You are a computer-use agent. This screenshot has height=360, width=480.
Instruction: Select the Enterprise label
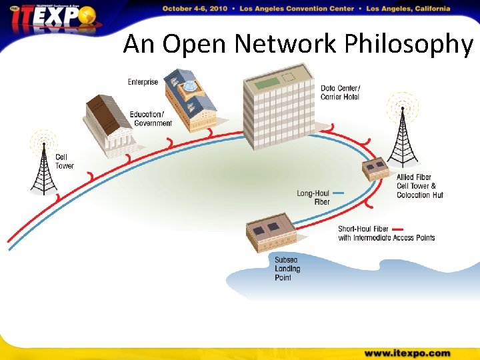[x=143, y=82]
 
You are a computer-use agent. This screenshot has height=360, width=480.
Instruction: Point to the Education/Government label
[x=151, y=119]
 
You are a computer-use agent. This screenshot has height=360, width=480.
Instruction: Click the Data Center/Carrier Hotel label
[x=340, y=93]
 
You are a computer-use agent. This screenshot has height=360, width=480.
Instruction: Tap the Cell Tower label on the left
[x=64, y=161]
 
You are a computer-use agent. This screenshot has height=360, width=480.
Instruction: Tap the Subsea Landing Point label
[x=287, y=269]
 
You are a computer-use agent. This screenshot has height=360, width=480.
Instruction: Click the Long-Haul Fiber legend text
[x=313, y=197]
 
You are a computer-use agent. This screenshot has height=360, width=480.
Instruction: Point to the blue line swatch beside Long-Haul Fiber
[x=338, y=193]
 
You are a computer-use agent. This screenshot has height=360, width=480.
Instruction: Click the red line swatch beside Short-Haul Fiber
[x=398, y=229]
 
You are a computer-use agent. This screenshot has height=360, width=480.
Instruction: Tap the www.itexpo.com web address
[x=407, y=353]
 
